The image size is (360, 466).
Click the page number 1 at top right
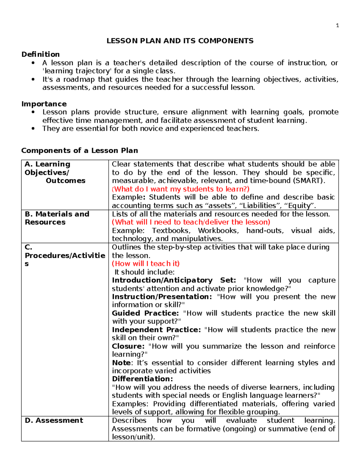(x=337, y=26)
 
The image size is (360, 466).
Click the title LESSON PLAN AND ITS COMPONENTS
(x=180, y=41)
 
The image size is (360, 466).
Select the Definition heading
(x=40, y=54)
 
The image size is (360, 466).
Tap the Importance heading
(x=44, y=104)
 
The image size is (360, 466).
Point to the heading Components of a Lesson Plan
(x=79, y=150)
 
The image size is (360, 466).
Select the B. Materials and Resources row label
(x=57, y=218)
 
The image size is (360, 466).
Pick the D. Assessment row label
(x=54, y=420)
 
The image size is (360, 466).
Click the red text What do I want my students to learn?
(x=181, y=189)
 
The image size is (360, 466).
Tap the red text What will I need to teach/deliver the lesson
(x=191, y=222)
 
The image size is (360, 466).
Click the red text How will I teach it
(x=146, y=263)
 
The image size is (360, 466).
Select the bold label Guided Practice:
(x=145, y=313)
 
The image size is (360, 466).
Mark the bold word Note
(x=121, y=362)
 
